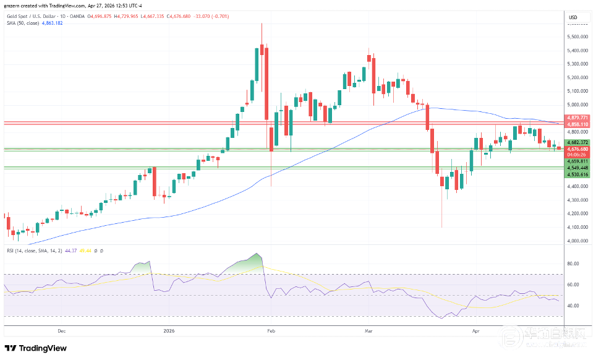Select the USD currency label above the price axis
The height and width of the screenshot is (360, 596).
coord(573,17)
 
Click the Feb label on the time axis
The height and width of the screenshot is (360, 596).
coord(270,331)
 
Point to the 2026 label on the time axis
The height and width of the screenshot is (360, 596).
coord(169,331)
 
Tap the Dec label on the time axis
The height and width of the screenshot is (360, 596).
coord(61,331)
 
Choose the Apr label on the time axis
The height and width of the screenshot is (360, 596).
coord(475,331)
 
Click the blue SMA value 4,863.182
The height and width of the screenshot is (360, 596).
coord(51,23)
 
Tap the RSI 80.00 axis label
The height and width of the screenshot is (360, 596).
coord(573,264)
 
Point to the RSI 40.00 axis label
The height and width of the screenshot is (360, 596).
coord(573,306)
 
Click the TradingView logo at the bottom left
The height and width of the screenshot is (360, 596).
coord(35,348)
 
